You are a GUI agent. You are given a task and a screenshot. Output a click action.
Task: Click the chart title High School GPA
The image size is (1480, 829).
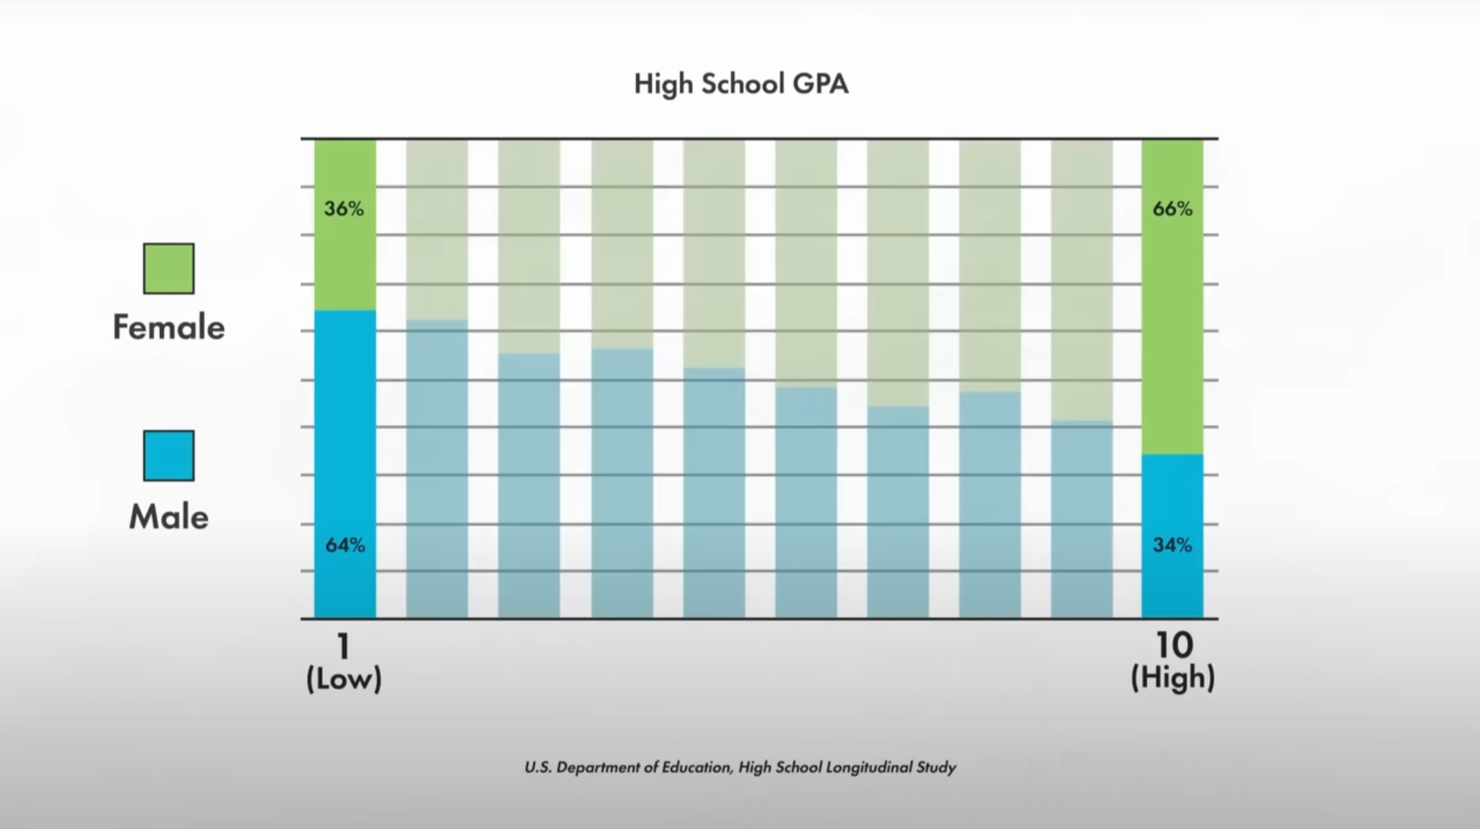741,84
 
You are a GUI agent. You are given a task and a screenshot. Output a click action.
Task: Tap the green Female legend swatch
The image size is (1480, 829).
169,268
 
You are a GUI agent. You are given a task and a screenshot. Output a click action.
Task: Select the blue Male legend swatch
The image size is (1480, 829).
169,456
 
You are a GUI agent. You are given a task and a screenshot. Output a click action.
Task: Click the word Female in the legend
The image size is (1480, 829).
169,327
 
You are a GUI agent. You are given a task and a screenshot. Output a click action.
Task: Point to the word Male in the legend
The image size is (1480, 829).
169,517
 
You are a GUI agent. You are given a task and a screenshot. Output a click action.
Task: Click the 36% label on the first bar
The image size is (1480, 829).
344,209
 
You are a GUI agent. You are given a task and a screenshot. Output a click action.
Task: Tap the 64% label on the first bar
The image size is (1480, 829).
345,545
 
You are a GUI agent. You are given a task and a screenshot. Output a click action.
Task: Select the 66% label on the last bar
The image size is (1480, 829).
1172,209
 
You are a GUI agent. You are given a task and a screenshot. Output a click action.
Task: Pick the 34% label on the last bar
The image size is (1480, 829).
1172,545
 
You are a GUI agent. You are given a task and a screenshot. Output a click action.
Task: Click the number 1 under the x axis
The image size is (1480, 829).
343,646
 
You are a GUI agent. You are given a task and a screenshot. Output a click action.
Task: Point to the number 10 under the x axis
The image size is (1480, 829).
1173,646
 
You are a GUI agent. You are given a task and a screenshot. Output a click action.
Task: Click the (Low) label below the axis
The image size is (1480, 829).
344,679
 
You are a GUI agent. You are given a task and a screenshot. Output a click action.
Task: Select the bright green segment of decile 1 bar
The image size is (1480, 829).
345,263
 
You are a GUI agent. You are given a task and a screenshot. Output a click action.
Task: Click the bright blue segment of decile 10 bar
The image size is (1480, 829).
1172,502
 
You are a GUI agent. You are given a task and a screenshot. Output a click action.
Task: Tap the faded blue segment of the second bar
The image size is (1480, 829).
437,470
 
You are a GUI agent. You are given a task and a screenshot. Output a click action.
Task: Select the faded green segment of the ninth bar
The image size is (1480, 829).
1082,282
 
